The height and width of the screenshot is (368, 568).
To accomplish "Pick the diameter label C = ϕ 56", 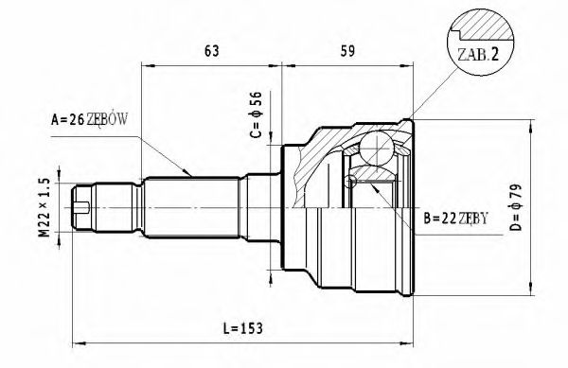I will coord(255,115).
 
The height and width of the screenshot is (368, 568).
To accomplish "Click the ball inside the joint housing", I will coord(379,150).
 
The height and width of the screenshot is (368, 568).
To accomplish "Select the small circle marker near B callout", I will coord(351,182).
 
